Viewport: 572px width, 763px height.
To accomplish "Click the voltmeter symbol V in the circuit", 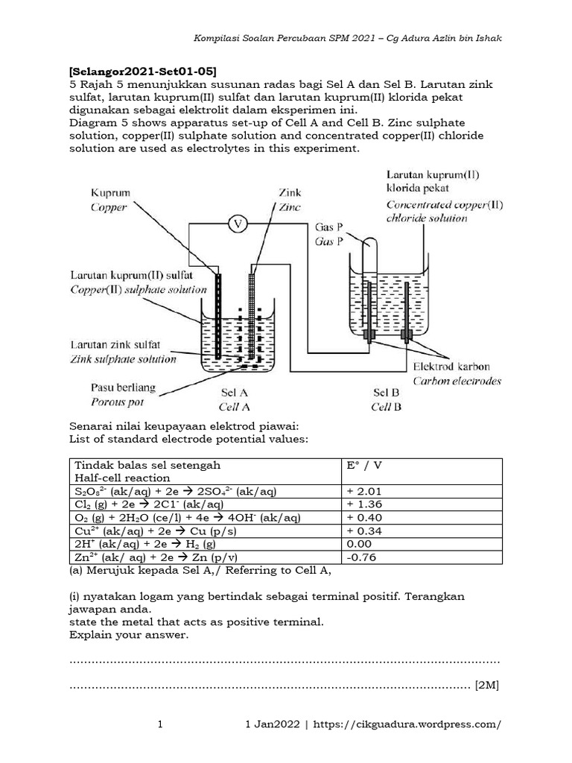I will pos(238,222).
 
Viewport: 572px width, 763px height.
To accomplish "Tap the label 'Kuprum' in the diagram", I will pos(109,193).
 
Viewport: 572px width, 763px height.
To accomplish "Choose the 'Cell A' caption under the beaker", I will pos(233,406).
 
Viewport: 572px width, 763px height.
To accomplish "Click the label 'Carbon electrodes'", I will pos(457,381).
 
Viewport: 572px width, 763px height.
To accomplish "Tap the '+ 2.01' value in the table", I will pos(365,491).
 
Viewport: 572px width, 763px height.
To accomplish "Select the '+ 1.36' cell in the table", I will pos(365,504).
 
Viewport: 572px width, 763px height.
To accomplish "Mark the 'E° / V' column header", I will pos(364,465).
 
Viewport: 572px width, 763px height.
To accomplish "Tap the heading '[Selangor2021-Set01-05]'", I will pos(143,72).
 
